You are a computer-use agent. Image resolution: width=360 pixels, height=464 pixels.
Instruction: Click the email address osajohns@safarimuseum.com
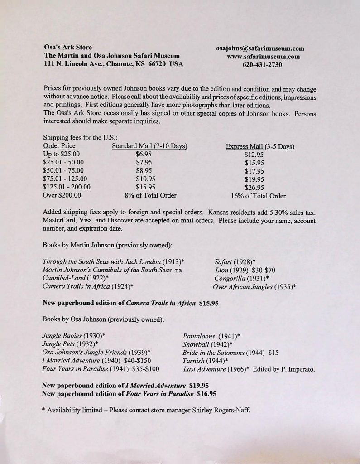260,48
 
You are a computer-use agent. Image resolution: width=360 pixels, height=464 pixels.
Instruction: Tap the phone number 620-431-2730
260,65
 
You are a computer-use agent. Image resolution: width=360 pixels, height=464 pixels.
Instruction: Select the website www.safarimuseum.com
260,57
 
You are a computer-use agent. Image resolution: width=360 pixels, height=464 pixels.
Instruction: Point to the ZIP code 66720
157,64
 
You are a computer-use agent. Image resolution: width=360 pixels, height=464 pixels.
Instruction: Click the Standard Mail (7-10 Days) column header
150,146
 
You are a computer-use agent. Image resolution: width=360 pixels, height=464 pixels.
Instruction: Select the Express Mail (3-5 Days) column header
260,146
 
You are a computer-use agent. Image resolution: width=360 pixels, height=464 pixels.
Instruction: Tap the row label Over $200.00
62,195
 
